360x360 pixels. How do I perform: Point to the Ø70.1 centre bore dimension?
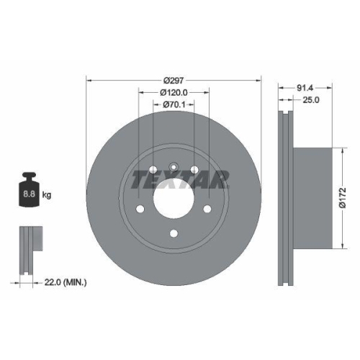(173, 104)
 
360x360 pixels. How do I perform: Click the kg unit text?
(47, 194)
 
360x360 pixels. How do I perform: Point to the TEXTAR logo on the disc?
(179, 178)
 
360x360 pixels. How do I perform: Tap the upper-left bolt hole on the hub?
(153, 170)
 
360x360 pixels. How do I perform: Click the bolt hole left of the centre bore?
(140, 209)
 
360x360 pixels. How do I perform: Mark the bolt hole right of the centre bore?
(207, 209)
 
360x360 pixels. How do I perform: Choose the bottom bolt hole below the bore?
(173, 233)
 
